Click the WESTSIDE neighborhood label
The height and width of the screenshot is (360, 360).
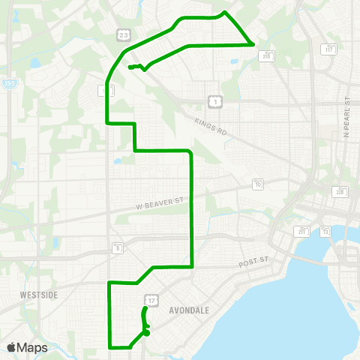coord(39,295)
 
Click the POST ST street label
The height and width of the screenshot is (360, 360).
coord(253,265)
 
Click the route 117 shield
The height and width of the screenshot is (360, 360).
coord(329,49)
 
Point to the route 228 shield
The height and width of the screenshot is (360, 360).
coord(340,192)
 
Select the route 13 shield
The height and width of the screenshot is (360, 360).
coord(325,232)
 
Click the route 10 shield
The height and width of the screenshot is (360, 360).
coord(258,183)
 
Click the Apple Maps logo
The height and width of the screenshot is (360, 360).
coord(27,347)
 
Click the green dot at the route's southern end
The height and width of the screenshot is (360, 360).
coord(147,333)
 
